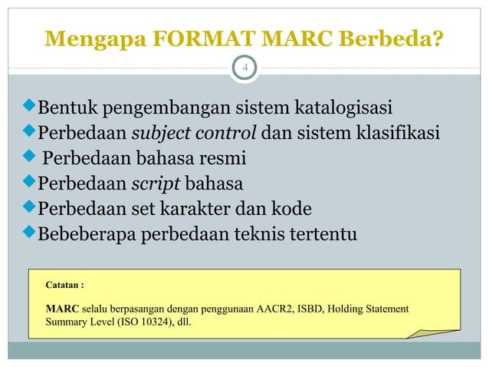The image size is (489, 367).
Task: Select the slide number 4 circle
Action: [x=244, y=68]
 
